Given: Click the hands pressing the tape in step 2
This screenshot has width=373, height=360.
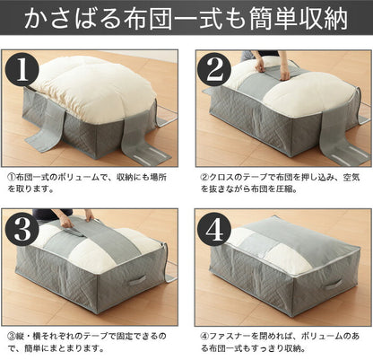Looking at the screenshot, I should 271,63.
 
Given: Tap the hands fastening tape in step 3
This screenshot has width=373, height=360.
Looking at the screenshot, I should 75,220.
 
